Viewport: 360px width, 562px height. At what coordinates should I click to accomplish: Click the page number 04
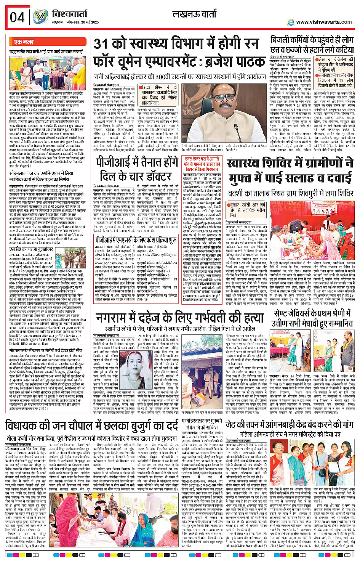click(17, 17)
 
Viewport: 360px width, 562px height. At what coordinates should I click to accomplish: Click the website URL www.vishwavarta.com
click(324, 22)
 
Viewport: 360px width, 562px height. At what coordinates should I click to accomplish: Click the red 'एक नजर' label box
click(24, 42)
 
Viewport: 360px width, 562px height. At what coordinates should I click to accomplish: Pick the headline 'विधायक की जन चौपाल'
click(91, 426)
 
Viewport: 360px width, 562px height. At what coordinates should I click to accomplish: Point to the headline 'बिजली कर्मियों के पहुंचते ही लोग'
click(312, 40)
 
